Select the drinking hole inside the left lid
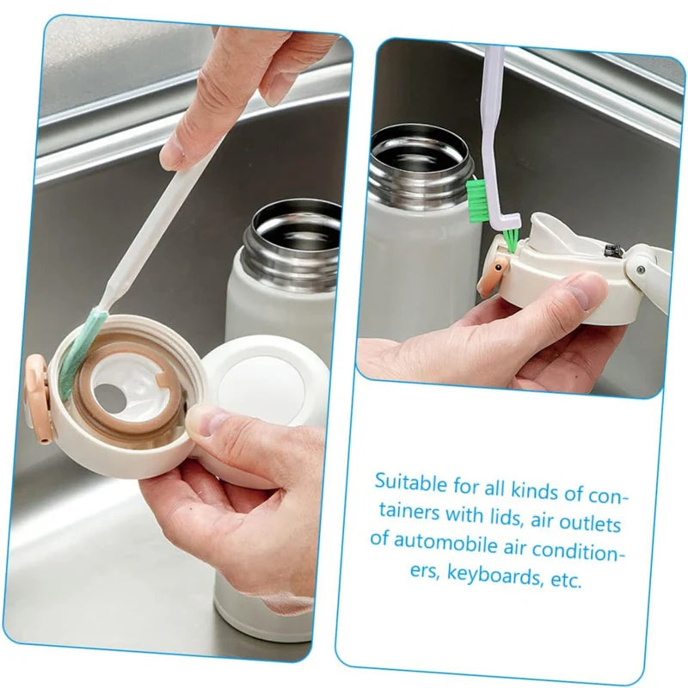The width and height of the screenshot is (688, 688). [107, 396]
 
